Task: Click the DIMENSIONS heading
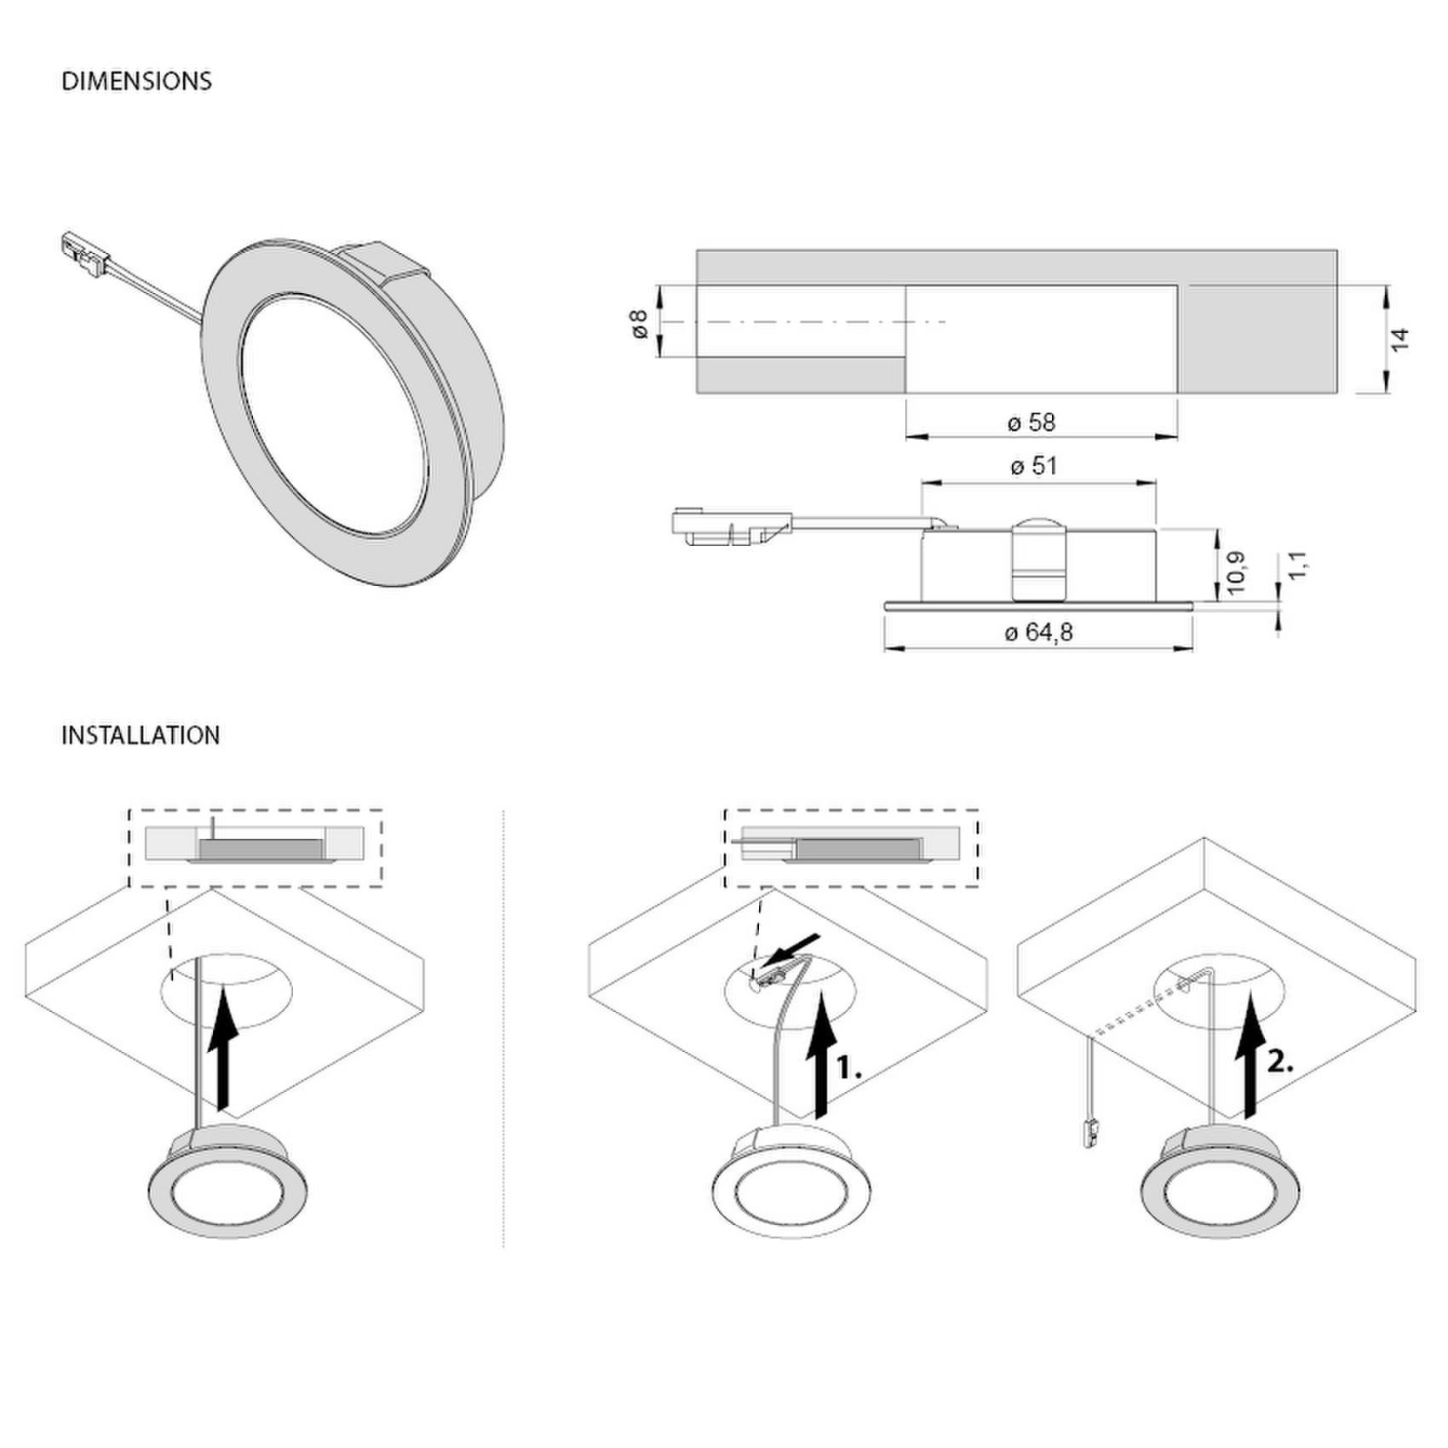(136, 81)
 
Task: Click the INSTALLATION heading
(141, 735)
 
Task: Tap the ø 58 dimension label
(1031, 422)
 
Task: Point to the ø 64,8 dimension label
(1039, 632)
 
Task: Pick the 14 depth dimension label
(1399, 338)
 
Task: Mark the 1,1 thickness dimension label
(1297, 565)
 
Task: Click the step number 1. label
(849, 1069)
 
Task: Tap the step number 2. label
(1281, 1062)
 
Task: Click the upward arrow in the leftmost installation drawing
(223, 1047)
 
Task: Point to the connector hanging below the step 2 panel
(1089, 1132)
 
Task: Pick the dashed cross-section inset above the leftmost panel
(255, 848)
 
